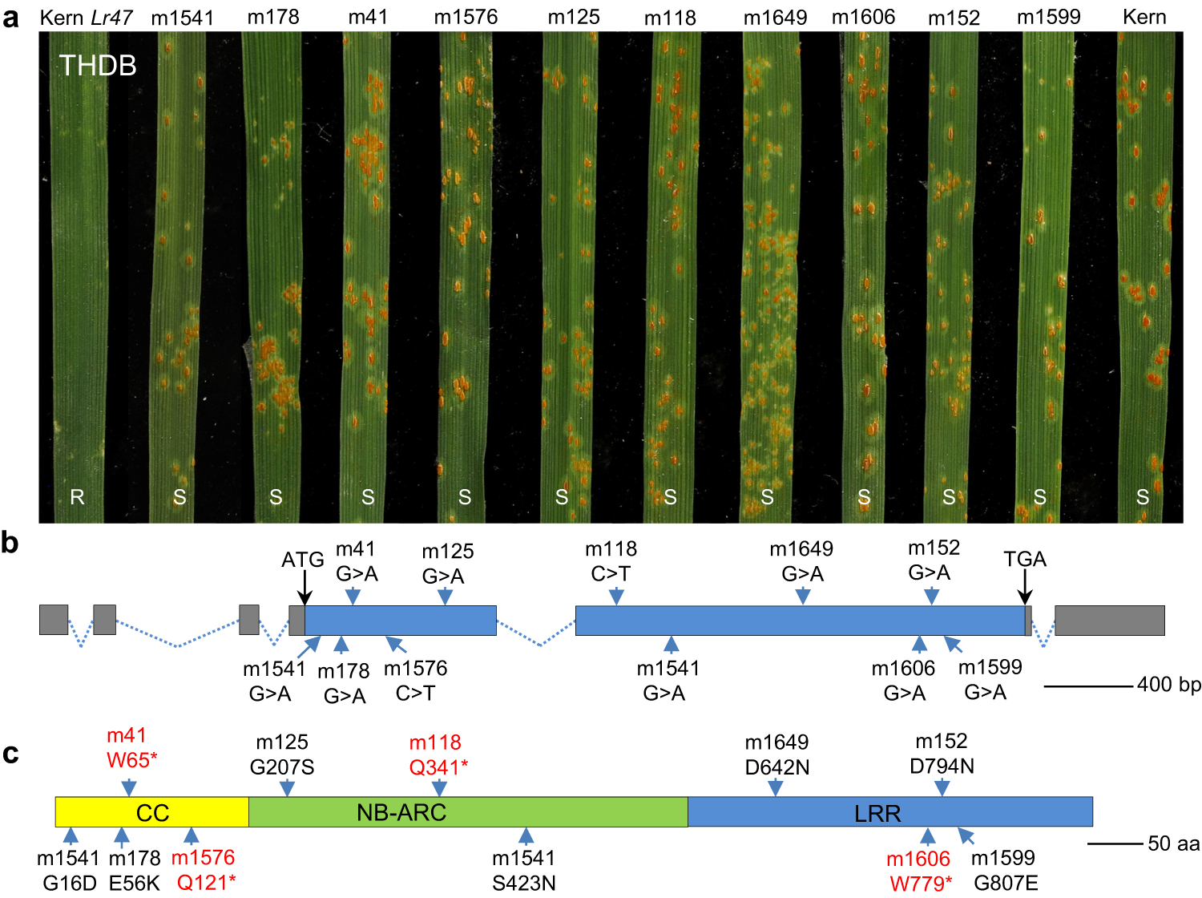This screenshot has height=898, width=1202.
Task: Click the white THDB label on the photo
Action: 98,66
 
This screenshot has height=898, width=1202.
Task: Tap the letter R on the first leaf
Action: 78,497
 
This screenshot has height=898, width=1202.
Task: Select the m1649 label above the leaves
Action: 775,18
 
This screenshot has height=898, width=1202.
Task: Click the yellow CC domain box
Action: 152,812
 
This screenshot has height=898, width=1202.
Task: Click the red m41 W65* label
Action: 131,747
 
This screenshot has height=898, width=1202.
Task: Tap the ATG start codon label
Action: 302,560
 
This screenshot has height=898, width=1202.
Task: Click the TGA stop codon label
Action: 1025,559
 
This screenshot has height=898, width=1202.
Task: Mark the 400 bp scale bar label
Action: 1168,685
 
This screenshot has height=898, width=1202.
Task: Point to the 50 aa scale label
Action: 1173,843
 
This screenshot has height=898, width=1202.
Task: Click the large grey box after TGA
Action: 1109,621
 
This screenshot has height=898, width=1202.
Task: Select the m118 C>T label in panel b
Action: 611,561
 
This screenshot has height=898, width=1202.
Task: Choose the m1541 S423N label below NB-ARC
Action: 524,870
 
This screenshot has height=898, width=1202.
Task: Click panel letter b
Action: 10,544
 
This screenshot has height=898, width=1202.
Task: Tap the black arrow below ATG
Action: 304,589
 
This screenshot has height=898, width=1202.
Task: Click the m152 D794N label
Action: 942,754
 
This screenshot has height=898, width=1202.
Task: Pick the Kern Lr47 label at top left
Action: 86,18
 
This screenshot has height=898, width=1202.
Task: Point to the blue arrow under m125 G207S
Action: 287,787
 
